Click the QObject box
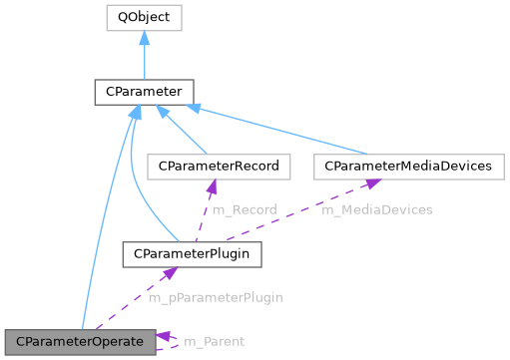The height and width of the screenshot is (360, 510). pyautogui.click(x=144, y=17)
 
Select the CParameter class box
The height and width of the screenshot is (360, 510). pyautogui.click(x=144, y=92)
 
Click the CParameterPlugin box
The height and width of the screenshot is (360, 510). pyautogui.click(x=192, y=254)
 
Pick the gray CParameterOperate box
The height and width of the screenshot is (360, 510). pyautogui.click(x=80, y=342)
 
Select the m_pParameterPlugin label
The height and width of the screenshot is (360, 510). pyautogui.click(x=216, y=298)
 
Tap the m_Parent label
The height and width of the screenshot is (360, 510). pyautogui.click(x=213, y=342)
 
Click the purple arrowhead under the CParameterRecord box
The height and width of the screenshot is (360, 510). pyautogui.click(x=213, y=186)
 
